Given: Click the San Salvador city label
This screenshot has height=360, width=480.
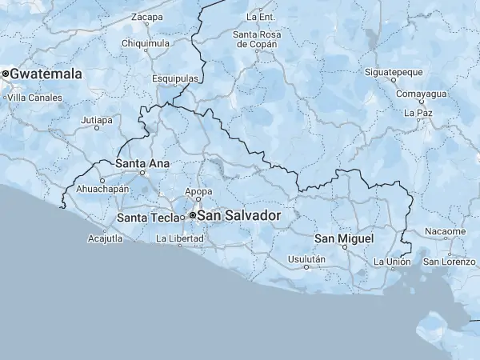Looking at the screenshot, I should (x=239, y=215).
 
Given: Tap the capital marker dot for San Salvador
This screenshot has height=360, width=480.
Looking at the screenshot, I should (x=193, y=215).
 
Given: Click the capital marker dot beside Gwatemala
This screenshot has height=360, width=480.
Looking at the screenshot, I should (x=5, y=74).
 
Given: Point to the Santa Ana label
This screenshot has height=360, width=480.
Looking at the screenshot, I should (x=142, y=163).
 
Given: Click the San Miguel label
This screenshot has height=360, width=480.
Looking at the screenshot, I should (x=344, y=238).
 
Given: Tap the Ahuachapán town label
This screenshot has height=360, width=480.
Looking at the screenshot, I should (x=102, y=189).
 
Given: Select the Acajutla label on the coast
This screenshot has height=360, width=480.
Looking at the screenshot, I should (x=106, y=238).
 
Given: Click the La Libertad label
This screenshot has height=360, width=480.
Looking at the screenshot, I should (x=180, y=238).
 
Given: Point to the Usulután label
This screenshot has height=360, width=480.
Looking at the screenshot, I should (x=306, y=259).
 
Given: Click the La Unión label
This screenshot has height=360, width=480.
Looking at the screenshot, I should (x=392, y=262).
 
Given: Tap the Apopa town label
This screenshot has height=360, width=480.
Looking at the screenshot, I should (x=198, y=191).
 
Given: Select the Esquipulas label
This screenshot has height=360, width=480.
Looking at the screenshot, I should (x=175, y=79).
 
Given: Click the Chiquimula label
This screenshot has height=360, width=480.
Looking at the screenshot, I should (x=146, y=43).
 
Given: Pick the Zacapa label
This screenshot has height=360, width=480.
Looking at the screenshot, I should (x=146, y=17).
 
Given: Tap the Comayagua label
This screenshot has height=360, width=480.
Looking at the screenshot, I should (x=414, y=94).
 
